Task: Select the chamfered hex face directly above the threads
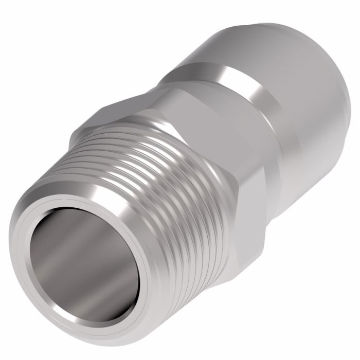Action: (x=154, y=123)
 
